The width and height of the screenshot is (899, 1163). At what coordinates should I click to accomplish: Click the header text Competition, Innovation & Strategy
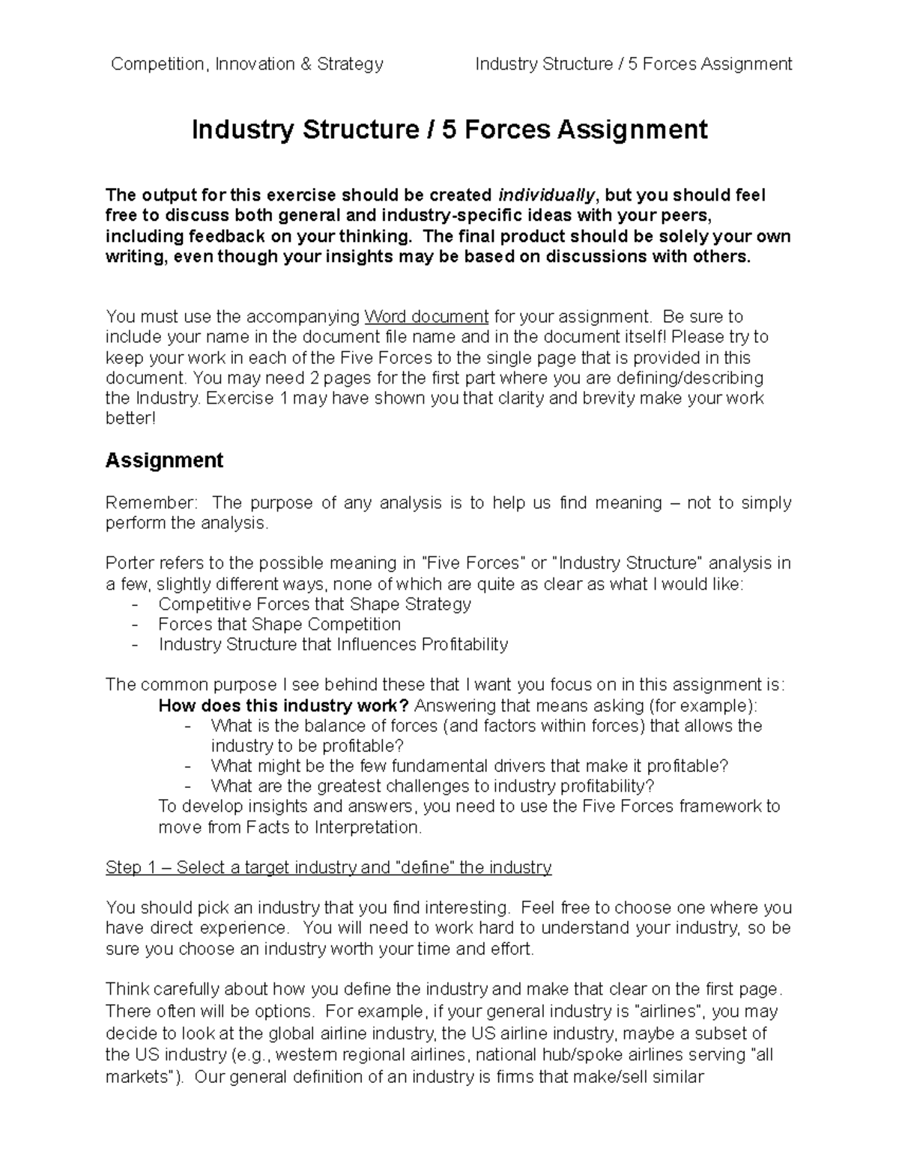[246, 64]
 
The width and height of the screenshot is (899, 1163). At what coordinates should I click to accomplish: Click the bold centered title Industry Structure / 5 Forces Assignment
[449, 130]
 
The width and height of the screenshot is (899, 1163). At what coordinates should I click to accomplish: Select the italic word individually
[547, 195]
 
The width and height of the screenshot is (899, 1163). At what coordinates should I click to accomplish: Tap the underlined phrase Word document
[426, 317]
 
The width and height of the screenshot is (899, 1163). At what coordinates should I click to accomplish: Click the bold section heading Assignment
[164, 460]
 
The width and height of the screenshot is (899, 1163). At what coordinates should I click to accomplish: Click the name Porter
[130, 563]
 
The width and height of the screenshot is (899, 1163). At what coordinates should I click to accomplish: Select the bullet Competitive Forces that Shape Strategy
[315, 604]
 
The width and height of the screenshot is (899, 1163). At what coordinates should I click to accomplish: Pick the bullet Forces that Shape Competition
[279, 625]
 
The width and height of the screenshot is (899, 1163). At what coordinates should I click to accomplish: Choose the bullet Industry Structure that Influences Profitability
[333, 645]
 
